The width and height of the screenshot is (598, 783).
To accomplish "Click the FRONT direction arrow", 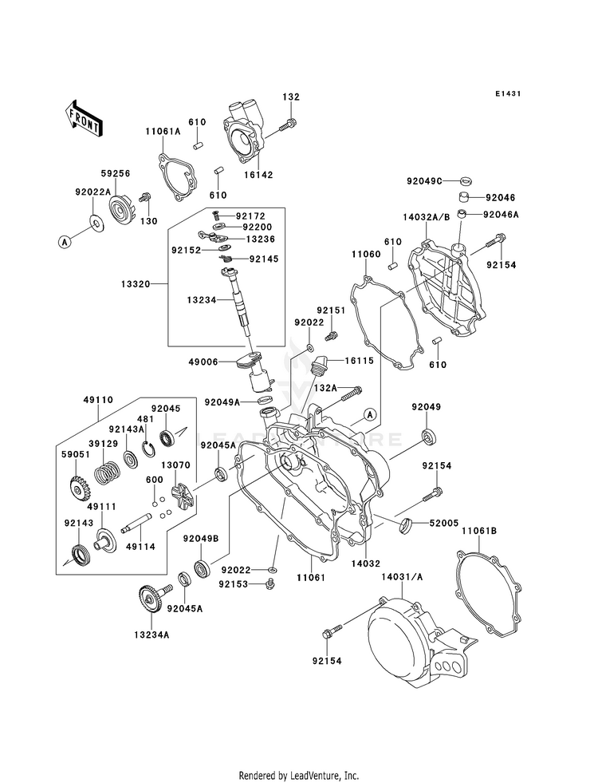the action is [x=83, y=118].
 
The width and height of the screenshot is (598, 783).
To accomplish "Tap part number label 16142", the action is [x=258, y=175].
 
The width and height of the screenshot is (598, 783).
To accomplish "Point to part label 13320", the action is [x=136, y=284].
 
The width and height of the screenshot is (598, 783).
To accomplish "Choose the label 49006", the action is [x=203, y=362].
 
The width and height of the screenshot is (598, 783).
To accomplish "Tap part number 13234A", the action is [x=151, y=635].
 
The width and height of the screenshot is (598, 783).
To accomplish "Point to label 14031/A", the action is [x=402, y=576].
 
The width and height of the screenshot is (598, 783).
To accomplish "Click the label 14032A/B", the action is [x=427, y=217].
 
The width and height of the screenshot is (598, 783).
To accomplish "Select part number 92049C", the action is [x=424, y=180].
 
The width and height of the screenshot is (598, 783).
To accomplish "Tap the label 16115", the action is [x=359, y=361].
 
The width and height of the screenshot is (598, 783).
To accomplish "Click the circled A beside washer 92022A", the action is [x=64, y=242].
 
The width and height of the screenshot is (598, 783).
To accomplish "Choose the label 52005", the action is [x=444, y=523].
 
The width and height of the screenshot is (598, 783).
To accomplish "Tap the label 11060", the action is [x=366, y=254].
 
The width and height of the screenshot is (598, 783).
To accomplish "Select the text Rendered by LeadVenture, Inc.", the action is [x=299, y=776].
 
